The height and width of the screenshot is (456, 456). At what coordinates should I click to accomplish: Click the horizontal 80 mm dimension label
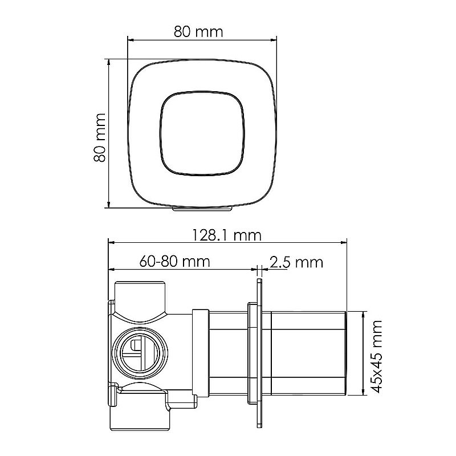tap(198, 31)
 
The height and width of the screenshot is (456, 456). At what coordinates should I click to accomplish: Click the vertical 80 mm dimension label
tap(99, 137)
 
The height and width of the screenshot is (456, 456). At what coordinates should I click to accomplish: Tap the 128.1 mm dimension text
tap(227, 235)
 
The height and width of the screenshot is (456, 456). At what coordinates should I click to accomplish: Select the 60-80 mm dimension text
tap(174, 261)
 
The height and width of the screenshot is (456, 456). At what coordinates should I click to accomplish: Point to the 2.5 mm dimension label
tap(296, 262)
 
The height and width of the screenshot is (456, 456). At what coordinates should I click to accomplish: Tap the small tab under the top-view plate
tap(202, 209)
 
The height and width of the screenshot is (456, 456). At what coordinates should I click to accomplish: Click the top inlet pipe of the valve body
tap(140, 300)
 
